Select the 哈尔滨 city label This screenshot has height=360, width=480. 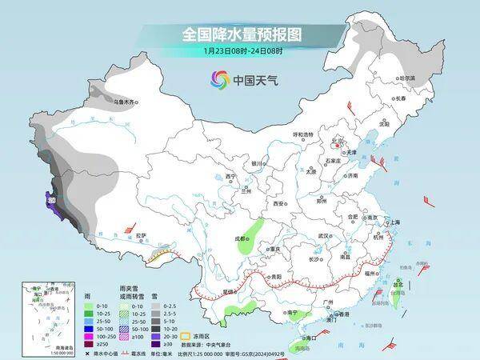click(406, 78)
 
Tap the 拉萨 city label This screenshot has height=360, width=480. click(141, 235)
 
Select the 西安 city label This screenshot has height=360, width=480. click(279, 204)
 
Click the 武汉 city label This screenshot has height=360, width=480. click(323, 236)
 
